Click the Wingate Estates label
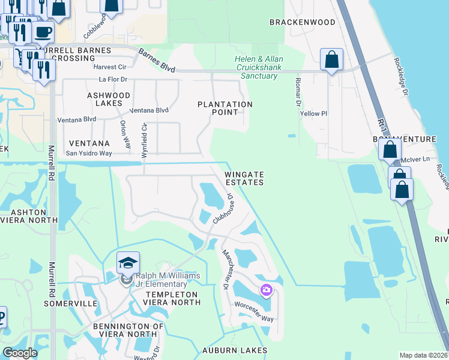[x=244, y=178]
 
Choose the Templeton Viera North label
[x=173, y=298]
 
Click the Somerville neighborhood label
[x=71, y=304]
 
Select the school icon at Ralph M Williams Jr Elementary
[x=128, y=263]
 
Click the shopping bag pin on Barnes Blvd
[x=331, y=59]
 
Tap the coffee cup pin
[x=43, y=32]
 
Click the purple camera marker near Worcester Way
[x=266, y=292]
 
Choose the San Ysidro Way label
[x=89, y=153]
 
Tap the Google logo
[x=20, y=353]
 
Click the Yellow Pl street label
[x=313, y=113]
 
